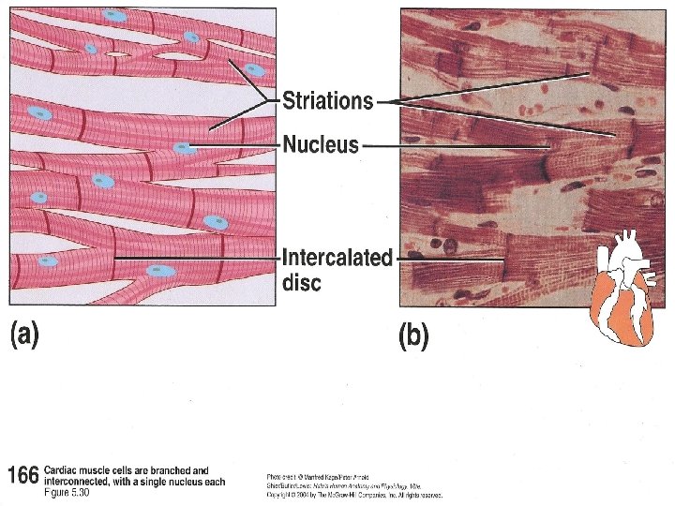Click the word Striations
pyautogui.click(x=328, y=101)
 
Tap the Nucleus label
pyautogui.click(x=321, y=144)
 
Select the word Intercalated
pyautogui.click(x=337, y=259)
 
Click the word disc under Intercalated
pyautogui.click(x=302, y=282)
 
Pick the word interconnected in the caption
pyautogui.click(x=82, y=482)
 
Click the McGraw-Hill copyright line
pyautogui.click(x=354, y=495)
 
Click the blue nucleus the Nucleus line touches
pyautogui.click(x=184, y=147)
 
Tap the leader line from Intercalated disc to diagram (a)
pyautogui.click(x=197, y=255)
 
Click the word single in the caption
pyautogui.click(x=146, y=482)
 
